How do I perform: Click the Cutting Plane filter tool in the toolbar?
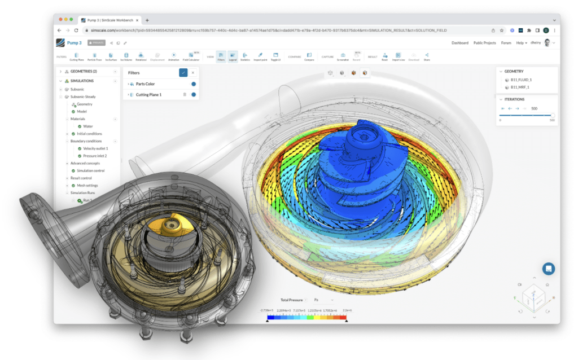click(x=76, y=56)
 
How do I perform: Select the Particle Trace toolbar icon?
click(x=94, y=56)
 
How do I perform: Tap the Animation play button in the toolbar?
click(x=173, y=56)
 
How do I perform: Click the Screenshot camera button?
click(x=343, y=56)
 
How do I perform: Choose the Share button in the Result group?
click(x=426, y=56)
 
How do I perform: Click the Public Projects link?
click(x=484, y=43)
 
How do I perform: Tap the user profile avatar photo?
click(x=547, y=43)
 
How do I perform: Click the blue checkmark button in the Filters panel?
click(x=183, y=73)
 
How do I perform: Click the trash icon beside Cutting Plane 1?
click(x=185, y=95)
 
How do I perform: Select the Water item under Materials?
click(x=87, y=126)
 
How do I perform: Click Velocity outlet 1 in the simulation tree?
click(x=95, y=148)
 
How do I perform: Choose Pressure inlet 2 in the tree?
click(x=94, y=156)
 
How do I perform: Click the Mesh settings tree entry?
click(x=87, y=185)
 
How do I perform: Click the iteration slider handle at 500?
click(x=553, y=115)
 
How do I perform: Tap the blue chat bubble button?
click(x=548, y=269)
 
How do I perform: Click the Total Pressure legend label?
click(x=292, y=300)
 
